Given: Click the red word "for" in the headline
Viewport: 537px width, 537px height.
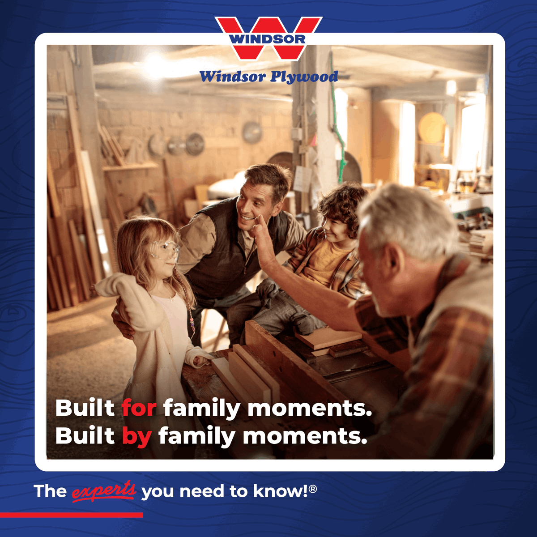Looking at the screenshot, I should pos(139,408).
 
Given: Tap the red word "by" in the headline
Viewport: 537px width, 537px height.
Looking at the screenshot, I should pos(136,436).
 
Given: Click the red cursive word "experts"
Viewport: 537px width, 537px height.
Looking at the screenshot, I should pos(104,490).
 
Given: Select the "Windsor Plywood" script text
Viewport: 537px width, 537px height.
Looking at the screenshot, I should pos(268,77).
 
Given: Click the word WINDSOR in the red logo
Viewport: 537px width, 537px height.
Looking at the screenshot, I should pos(268,39).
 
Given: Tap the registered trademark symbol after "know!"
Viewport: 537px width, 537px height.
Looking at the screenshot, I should pos(313,489).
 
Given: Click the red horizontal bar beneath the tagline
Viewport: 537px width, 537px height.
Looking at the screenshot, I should pos(72,515).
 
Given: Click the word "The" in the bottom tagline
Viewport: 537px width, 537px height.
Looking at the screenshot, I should pos(50,491).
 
